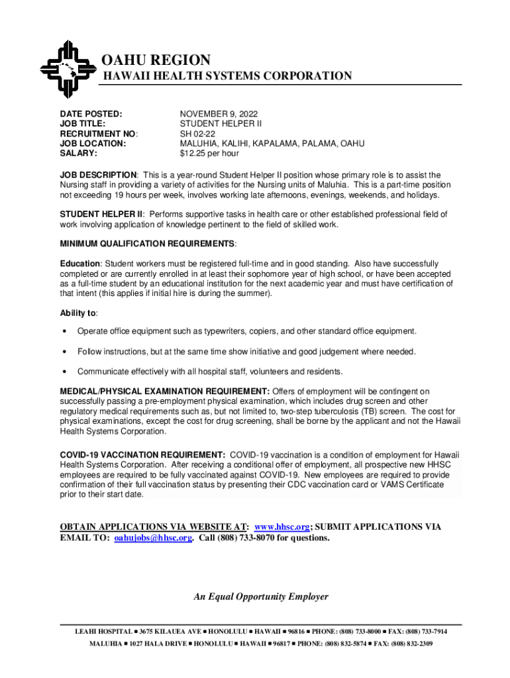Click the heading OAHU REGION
click(156, 61)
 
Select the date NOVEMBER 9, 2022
click(219, 114)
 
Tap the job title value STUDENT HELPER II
click(221, 124)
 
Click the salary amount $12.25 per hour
click(209, 154)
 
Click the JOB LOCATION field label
click(93, 144)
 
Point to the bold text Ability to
click(78, 313)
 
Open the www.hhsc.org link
click(282, 527)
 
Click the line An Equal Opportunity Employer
click(261, 597)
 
